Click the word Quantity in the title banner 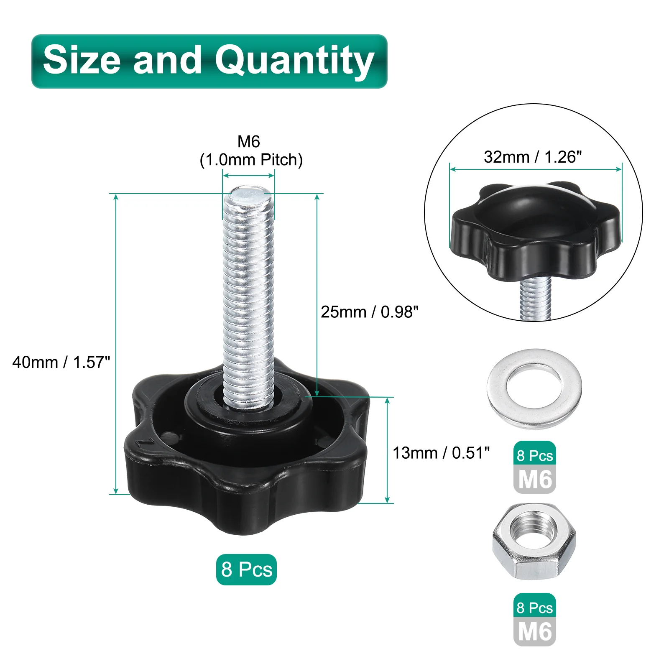point(294,61)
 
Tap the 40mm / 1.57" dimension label point(61,362)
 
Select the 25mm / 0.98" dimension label point(370,312)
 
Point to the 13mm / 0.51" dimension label point(441,453)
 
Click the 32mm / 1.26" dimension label point(533,157)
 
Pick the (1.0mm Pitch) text point(251,160)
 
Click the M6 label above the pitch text point(249,142)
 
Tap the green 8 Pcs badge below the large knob point(246,569)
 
